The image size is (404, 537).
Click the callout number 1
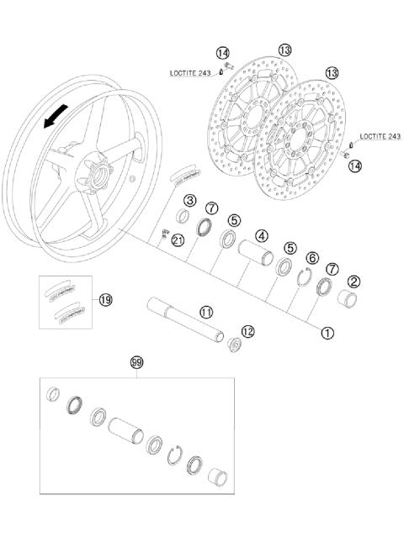[x=327, y=331]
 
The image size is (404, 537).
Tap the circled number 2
[x=354, y=282]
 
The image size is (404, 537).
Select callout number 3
[x=190, y=200]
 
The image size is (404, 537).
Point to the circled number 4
[x=262, y=236]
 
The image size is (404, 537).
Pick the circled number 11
[x=206, y=311]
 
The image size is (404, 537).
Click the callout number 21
[x=177, y=240]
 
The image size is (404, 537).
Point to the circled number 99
[x=136, y=363]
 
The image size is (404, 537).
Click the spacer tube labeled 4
[x=252, y=253]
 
